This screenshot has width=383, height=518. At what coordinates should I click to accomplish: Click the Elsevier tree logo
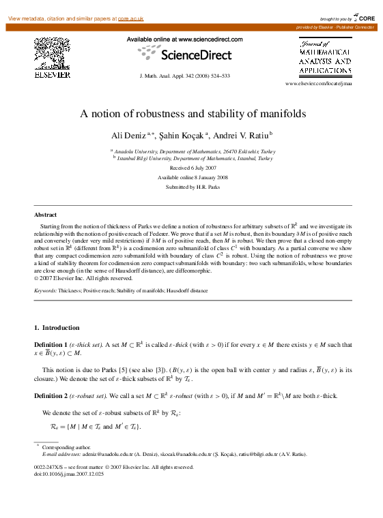click(x=52, y=54)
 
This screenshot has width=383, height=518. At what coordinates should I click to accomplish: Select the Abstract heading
click(x=45, y=214)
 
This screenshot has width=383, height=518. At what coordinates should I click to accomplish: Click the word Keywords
click(x=46, y=290)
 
